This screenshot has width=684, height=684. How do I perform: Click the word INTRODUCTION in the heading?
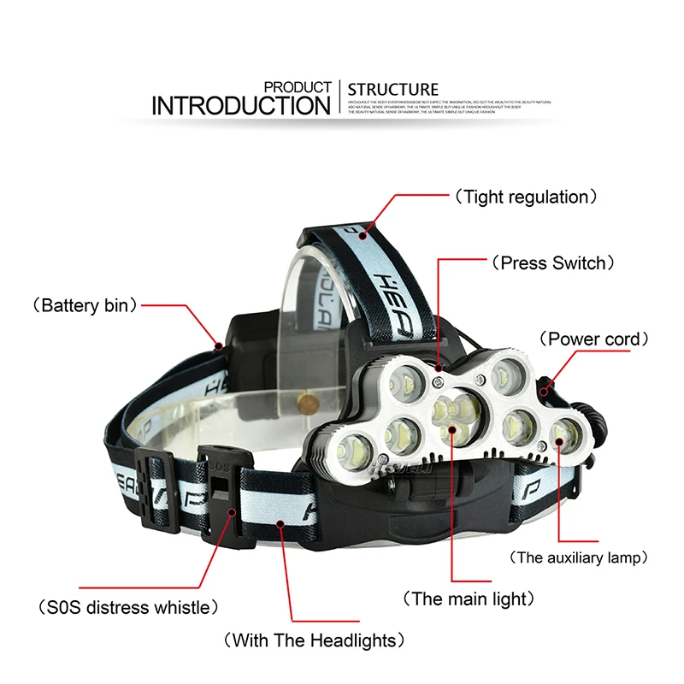tap(240, 105)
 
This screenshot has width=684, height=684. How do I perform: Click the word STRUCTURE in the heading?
tap(393, 89)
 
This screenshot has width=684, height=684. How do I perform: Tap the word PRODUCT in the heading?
tap(298, 87)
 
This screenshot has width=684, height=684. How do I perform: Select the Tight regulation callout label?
tap(525, 198)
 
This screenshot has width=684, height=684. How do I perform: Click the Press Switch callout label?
tap(552, 262)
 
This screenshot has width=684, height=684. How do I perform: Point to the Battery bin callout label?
tap(85, 305)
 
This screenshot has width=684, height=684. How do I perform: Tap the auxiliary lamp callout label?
tap(578, 557)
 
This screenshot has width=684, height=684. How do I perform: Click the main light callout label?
tap(470, 598)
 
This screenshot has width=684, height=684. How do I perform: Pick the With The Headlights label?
tap(313, 640)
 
